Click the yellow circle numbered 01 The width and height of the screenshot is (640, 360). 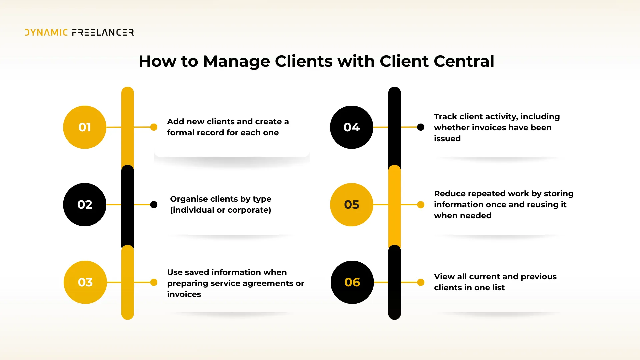85,127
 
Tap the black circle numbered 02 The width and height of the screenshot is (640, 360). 85,205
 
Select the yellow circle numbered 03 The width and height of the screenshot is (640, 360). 85,282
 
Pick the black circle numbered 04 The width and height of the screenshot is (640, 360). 351,127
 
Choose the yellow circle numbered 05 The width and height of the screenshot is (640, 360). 351,205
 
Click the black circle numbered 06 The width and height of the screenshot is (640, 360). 352,282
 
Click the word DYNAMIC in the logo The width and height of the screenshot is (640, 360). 46,32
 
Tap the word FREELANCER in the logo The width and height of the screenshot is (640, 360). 103,32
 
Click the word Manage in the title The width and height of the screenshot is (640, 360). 236,61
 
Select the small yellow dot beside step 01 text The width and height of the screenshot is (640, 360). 154,127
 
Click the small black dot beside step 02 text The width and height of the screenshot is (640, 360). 154,205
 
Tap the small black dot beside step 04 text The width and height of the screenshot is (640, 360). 421,127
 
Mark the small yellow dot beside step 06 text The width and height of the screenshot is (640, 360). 421,282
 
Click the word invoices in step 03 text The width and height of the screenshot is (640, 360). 184,294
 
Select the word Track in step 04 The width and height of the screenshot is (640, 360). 445,117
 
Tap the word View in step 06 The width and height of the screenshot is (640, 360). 444,277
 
